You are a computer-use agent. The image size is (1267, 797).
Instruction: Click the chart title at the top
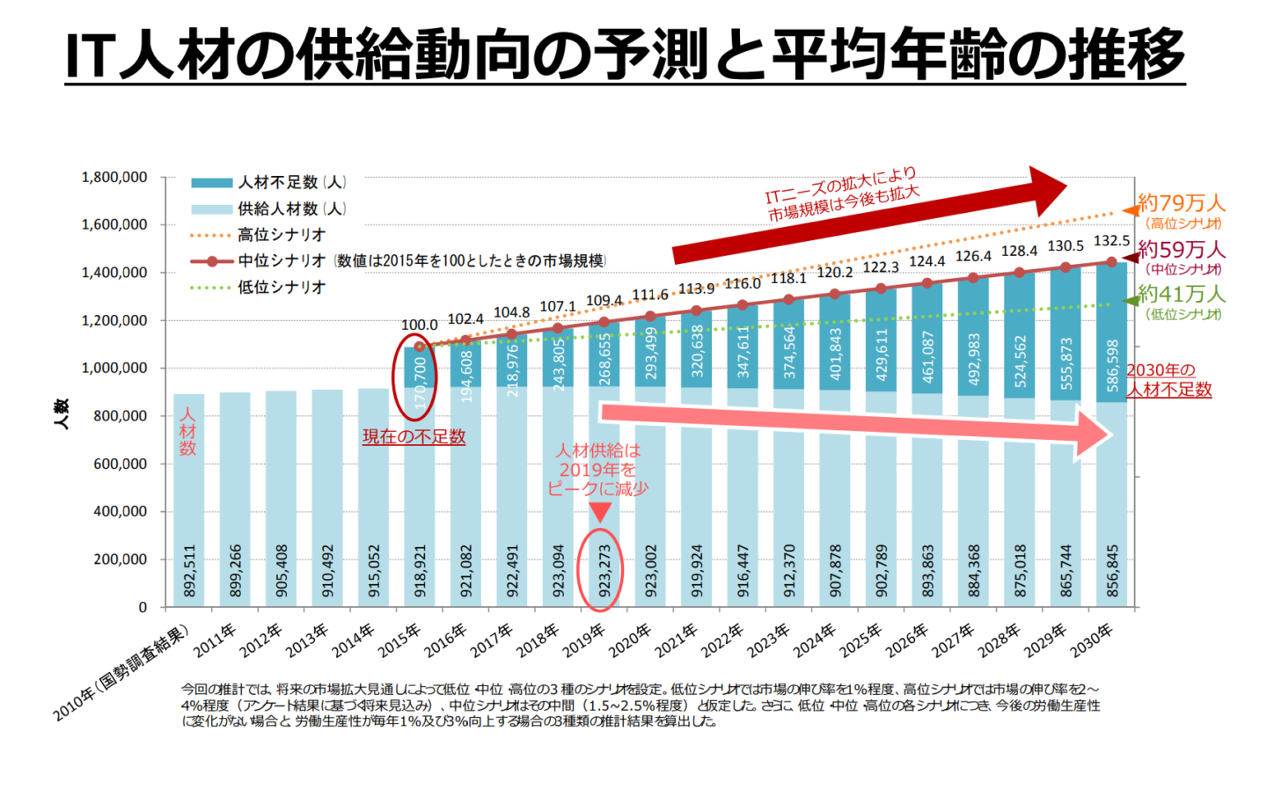coord(625,55)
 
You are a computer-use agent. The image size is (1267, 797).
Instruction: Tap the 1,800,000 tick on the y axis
coord(114,178)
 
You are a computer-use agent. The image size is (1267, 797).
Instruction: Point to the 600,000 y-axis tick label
coord(120,464)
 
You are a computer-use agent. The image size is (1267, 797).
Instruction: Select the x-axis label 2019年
coord(585,640)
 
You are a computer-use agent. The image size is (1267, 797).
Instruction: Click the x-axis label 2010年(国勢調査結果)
coord(123,673)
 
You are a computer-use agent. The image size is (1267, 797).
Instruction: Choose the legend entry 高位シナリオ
coord(281,235)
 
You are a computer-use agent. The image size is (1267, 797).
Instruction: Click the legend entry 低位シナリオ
coord(281,288)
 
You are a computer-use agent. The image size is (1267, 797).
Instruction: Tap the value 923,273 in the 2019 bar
coord(604,571)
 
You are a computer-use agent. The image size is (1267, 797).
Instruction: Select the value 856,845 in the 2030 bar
coord(1113,571)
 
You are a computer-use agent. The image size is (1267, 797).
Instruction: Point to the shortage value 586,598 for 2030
coord(1113,365)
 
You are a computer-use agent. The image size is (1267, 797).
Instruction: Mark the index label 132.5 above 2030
coord(1111,241)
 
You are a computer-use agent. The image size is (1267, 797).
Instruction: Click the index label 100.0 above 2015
coord(419,325)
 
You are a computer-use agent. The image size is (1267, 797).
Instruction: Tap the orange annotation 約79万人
coord(1181,203)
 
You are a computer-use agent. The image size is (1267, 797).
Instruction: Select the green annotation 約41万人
coord(1181,293)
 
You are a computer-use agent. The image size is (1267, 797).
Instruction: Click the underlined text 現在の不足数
coord(414,436)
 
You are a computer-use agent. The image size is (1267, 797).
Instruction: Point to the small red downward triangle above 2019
coord(600,511)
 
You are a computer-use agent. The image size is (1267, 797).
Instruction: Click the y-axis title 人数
coord(61,413)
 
